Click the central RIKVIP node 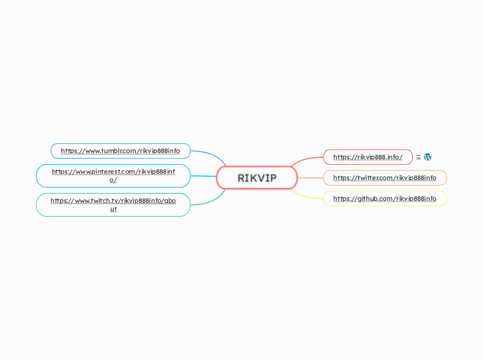click(257, 178)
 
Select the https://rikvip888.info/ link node click(367, 157)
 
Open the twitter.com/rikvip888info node click(385, 178)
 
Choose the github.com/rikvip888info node click(385, 199)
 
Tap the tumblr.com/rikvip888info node click(120, 150)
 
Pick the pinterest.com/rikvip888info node click(113, 176)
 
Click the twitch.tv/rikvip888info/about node click(113, 205)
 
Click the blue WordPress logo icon click(428, 157)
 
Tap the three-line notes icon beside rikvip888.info click(419, 157)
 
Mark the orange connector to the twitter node click(310, 178)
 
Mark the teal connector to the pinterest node click(203, 177)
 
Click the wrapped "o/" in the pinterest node click(113, 180)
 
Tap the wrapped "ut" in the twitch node click(113, 209)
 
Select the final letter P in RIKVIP click(272, 178)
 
